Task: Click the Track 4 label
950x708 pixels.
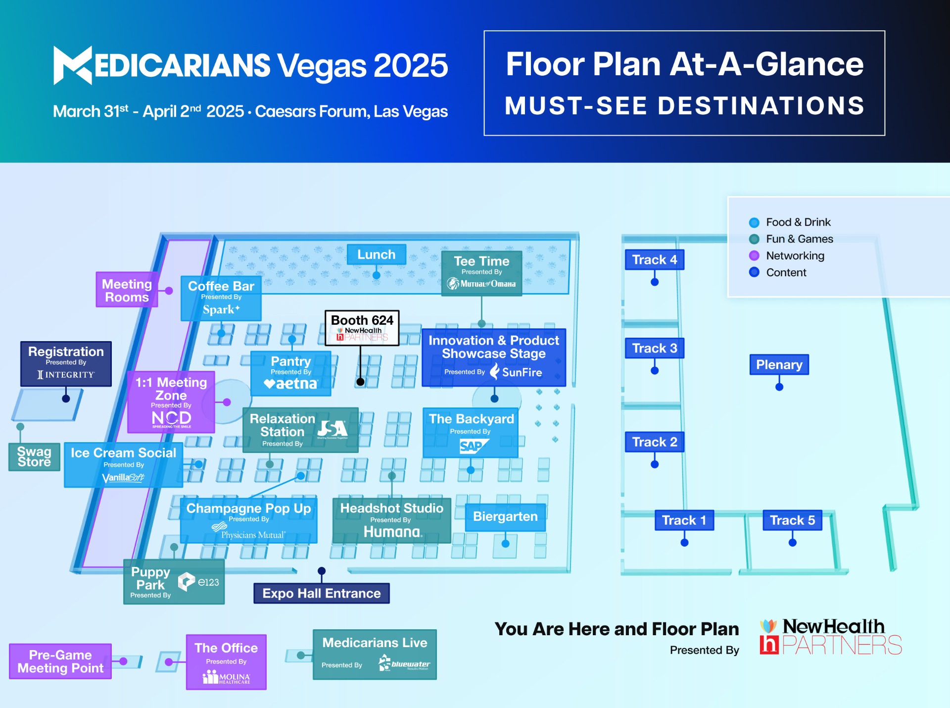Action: (655, 260)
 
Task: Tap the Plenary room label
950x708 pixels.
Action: (779, 365)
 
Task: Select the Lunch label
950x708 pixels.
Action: (377, 254)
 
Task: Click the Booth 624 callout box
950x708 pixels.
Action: (362, 328)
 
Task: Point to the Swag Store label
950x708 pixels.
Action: (34, 456)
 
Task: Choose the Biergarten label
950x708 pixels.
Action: (505, 517)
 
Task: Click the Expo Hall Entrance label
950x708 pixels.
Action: (322, 593)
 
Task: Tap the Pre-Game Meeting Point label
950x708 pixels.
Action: (60, 661)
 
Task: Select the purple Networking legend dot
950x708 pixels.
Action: (754, 255)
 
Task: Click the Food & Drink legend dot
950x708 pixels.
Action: (754, 222)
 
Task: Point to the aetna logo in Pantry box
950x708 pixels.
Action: (290, 384)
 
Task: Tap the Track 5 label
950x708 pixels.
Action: (793, 520)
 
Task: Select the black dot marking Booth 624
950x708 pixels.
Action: (361, 382)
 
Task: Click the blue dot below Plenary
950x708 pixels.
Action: (779, 387)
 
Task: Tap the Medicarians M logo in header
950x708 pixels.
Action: (73, 65)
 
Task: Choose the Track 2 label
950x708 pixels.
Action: (655, 442)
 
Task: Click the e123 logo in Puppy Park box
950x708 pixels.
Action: (198, 582)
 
